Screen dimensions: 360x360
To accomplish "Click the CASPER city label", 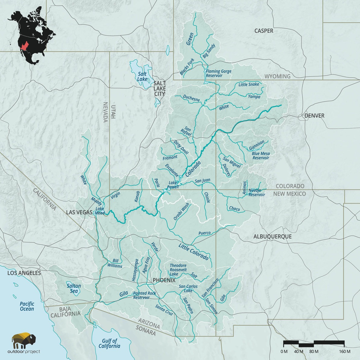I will click(x=264, y=31).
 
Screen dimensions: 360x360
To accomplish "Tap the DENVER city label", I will click(x=314, y=116).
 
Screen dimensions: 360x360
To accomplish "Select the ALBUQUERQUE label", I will click(x=273, y=237).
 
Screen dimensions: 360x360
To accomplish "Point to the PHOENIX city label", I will click(x=164, y=280).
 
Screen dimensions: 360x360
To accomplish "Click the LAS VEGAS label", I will click(x=79, y=212).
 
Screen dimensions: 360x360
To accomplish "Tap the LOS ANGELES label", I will click(x=24, y=273).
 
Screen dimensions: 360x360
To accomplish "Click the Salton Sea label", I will click(x=74, y=288).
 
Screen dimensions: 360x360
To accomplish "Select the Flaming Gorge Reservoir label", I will click(x=219, y=73).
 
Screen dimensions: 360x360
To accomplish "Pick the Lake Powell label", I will click(x=174, y=185).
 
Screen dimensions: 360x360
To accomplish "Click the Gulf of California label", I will click(x=109, y=343).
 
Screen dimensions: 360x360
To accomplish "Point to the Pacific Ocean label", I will click(x=27, y=306).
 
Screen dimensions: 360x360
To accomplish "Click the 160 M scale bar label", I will click(x=344, y=352).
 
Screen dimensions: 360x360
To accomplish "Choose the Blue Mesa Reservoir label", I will click(x=261, y=156).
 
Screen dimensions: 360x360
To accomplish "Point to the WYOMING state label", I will click(x=277, y=76).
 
